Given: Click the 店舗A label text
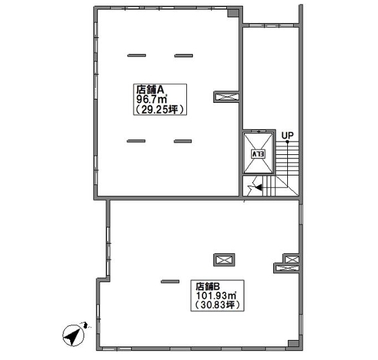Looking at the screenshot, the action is pos(150,89).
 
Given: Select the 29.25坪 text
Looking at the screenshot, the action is pos(160,110).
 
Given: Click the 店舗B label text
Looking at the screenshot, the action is pos(208,287).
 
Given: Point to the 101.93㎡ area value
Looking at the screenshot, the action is pos(216,295).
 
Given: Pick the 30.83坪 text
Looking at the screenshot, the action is pos(218,305).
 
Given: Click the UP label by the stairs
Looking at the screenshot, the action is pos(287,136).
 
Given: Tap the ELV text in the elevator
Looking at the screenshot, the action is pos(258,154).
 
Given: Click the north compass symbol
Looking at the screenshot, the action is pos(73,335).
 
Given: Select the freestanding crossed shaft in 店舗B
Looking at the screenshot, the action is pos(224,260).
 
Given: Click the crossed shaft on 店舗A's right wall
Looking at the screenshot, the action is pos(226,97).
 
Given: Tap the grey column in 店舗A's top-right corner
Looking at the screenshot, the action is pos(233,13).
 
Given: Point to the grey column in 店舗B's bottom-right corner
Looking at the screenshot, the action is pos(293,344).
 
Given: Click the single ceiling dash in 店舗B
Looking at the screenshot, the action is pos(170,281).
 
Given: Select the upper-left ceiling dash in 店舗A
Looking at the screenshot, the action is pos(137,55).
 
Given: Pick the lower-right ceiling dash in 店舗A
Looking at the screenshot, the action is pos(183,142).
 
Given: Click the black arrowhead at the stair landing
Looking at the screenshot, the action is pos(258,187).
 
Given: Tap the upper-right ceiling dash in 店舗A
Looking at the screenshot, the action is pos(184,55).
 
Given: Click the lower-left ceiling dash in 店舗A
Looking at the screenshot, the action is pos(136,141).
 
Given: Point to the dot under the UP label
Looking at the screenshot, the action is pos(287,142).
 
